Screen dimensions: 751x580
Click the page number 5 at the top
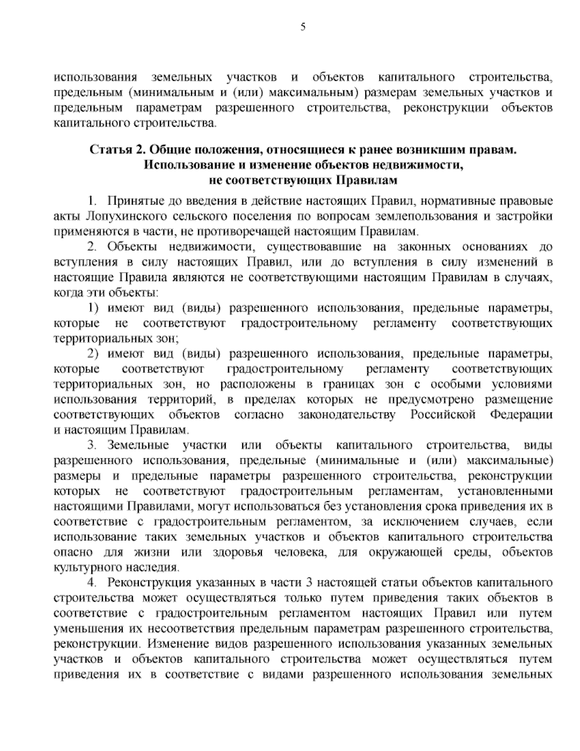click(x=303, y=28)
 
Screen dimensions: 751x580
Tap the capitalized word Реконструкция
click(x=152, y=584)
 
